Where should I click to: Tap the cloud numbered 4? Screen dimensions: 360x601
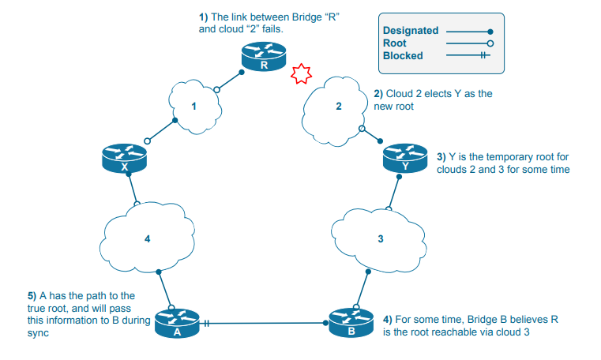tap(148, 238)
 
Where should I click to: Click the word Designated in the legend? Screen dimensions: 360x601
tap(410, 31)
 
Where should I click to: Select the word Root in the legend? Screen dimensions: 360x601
tap(394, 43)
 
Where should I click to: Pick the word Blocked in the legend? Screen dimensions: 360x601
tap(403, 56)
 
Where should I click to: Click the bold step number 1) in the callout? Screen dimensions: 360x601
tap(203, 17)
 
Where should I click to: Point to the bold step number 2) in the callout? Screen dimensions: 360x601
tap(378, 93)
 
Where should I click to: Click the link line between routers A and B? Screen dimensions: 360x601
tap(269, 323)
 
